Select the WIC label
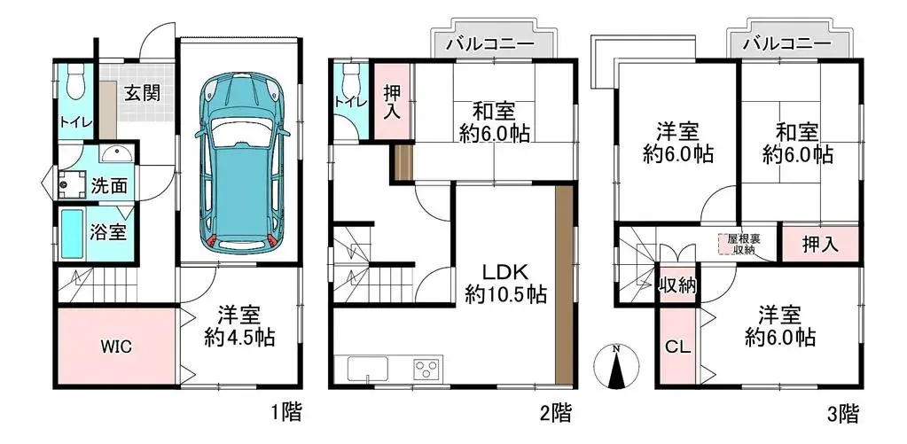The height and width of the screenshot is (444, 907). click(x=115, y=347)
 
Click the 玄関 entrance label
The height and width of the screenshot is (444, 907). click(x=141, y=92)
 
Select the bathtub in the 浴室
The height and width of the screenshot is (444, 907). click(x=73, y=234)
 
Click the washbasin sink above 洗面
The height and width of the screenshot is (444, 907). click(x=115, y=155)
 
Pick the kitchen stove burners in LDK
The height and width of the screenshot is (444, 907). click(x=426, y=368)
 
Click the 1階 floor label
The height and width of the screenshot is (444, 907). click(x=285, y=412)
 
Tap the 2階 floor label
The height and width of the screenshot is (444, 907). click(x=555, y=412)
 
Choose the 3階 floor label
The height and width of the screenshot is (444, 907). click(x=843, y=412)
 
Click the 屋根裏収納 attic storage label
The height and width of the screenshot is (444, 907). click(x=740, y=244)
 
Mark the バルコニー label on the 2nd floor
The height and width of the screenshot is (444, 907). click(x=489, y=43)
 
